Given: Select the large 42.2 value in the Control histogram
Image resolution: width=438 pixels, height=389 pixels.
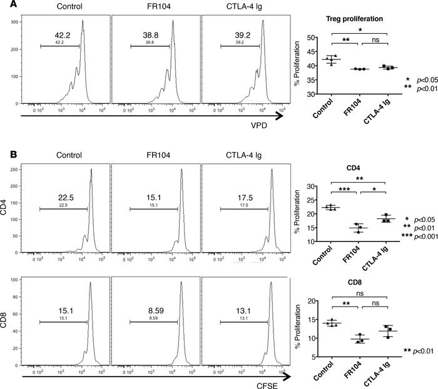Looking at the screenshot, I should [59, 36].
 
